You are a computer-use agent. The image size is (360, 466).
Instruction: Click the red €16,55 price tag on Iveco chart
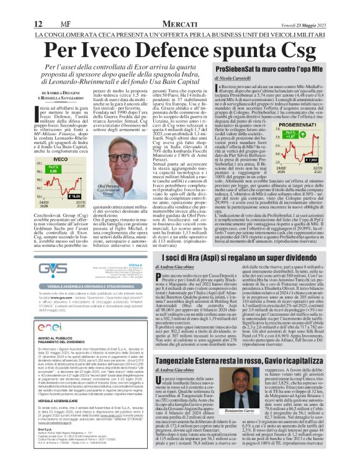click(x=58, y=195)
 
